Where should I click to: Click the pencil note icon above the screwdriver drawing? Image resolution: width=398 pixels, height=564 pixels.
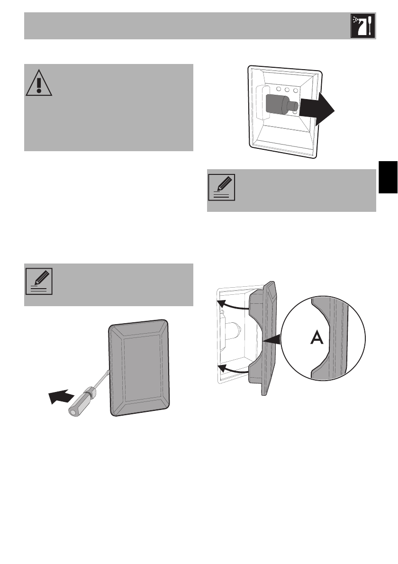coord(38,282)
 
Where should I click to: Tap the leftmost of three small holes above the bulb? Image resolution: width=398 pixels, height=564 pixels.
coord(280,90)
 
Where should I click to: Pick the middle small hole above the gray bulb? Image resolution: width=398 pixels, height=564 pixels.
coord(288,90)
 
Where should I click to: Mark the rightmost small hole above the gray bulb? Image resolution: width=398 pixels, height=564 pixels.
coord(296,90)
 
